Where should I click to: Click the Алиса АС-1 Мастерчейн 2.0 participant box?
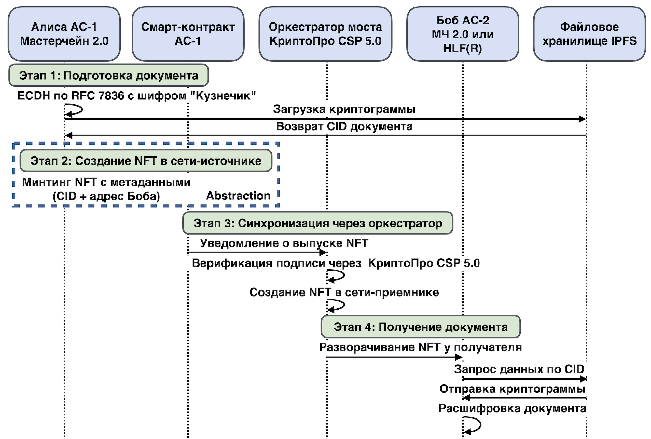coord(64,34)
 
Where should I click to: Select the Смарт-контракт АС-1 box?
coord(188,34)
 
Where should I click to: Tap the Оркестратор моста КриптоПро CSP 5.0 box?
coord(325,34)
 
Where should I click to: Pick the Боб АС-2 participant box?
coord(462,34)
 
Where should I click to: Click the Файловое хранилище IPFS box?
coord(589,34)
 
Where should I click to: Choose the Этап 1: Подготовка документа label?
coord(108,75)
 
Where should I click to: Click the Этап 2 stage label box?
coord(146,161)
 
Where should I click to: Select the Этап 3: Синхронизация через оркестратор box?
coord(317,223)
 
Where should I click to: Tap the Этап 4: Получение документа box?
coord(421,327)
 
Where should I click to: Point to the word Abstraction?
coord(238,196)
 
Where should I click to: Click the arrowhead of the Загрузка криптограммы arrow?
coord(582,119)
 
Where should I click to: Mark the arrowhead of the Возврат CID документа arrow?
coord(69,135)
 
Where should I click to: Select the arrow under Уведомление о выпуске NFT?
coord(257,252)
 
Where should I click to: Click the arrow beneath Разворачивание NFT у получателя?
coord(394,357)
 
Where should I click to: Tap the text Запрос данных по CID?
coord(519,369)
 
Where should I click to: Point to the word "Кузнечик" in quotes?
coord(223,95)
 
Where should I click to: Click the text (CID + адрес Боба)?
coord(106,196)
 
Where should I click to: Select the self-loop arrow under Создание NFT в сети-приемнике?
coord(337,305)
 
